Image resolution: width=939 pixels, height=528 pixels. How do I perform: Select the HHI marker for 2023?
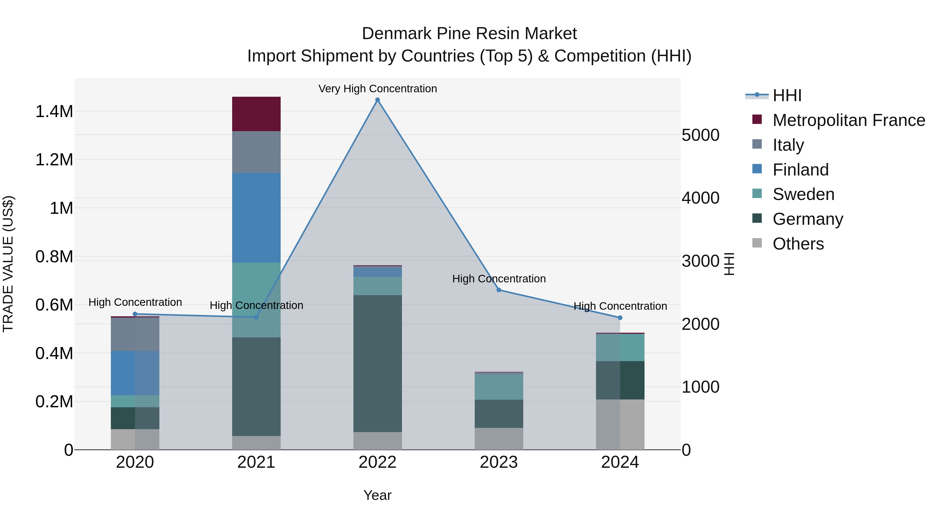click(x=499, y=290)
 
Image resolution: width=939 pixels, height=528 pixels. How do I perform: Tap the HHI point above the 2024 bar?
click(x=620, y=318)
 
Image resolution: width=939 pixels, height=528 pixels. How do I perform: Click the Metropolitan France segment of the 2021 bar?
click(x=256, y=114)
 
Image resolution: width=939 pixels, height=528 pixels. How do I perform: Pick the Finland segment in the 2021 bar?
click(x=256, y=217)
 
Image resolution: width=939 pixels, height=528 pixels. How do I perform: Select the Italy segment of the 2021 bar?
click(x=256, y=152)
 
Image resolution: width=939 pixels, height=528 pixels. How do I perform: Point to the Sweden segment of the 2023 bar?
click(x=499, y=387)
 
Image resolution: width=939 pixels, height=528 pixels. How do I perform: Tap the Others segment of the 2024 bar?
click(x=620, y=424)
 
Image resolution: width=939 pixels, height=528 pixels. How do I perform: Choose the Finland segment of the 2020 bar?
click(x=135, y=373)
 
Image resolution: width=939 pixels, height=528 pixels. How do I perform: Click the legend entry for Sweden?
click(x=803, y=194)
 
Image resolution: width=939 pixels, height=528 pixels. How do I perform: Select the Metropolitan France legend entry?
click(x=848, y=120)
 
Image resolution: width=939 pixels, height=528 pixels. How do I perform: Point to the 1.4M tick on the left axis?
click(x=54, y=112)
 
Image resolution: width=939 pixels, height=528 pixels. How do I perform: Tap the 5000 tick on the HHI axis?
click(x=700, y=135)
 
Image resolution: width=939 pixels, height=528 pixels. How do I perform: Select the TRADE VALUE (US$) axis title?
click(x=8, y=264)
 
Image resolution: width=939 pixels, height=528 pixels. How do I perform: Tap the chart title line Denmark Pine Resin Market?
click(x=469, y=34)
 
